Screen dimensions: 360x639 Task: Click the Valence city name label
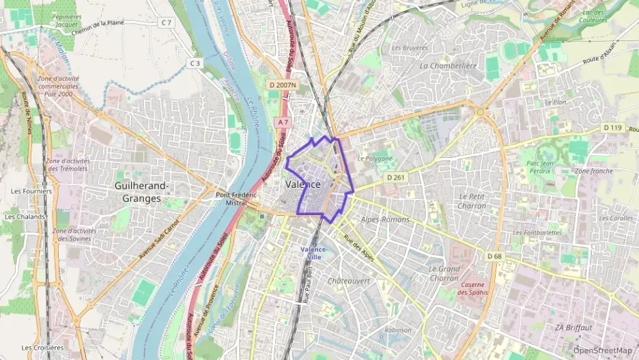pyautogui.click(x=303, y=184)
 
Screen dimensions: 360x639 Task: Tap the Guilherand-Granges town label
pyautogui.click(x=142, y=192)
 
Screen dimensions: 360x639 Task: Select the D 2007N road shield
pyautogui.click(x=283, y=85)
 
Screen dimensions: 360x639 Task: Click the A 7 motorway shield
pyautogui.click(x=283, y=122)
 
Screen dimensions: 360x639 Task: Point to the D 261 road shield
pyautogui.click(x=396, y=177)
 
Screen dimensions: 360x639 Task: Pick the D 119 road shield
pyautogui.click(x=612, y=128)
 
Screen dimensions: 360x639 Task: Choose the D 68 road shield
pyautogui.click(x=495, y=255)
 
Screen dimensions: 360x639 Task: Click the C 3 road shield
pyautogui.click(x=195, y=63)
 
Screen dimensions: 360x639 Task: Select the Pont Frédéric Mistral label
pyautogui.click(x=236, y=198)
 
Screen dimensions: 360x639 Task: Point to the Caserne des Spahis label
pyautogui.click(x=473, y=288)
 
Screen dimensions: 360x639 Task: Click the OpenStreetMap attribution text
pyautogui.click(x=602, y=350)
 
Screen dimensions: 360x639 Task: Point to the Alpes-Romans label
pyautogui.click(x=386, y=219)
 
